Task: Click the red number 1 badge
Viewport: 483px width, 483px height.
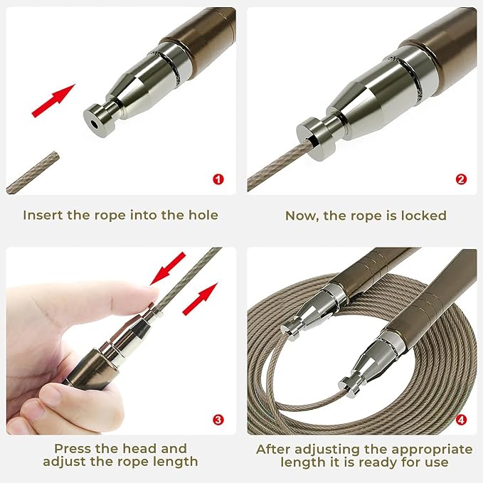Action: [x=218, y=179]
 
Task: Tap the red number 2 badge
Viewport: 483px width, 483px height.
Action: [x=461, y=179]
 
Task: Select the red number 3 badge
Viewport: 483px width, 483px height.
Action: [x=218, y=420]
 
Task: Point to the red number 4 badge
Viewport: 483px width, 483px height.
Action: [x=461, y=420]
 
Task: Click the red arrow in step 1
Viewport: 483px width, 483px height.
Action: [x=53, y=100]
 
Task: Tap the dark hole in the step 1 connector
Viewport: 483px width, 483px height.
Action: [x=94, y=124]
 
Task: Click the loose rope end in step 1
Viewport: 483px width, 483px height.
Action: [x=55, y=156]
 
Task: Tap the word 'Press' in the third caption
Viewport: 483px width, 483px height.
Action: [x=73, y=448]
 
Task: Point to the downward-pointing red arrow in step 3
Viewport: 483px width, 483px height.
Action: [x=168, y=268]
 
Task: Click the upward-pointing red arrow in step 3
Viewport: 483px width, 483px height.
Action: [x=200, y=299]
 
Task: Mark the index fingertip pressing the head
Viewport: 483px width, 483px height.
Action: [x=150, y=297]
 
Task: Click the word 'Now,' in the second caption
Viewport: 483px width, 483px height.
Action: [x=302, y=216]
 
